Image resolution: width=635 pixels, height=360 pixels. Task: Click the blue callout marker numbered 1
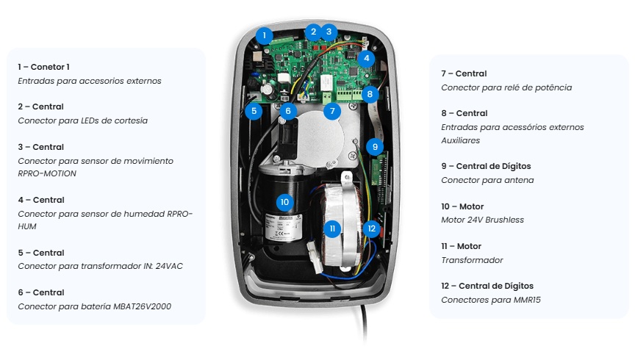[265, 35]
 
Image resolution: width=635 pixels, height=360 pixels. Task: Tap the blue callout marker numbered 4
[367, 58]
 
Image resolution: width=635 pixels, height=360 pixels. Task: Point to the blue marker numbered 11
[332, 228]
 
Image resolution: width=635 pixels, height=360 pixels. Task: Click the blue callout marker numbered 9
[375, 146]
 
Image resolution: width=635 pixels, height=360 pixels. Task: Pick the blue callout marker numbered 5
[254, 112]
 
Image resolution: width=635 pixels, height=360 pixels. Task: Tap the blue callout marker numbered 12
[372, 228]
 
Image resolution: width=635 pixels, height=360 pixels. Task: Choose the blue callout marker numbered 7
[332, 112]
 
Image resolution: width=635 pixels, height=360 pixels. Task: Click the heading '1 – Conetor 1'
[44, 67]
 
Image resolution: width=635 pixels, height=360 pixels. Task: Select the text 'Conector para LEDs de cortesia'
[82, 120]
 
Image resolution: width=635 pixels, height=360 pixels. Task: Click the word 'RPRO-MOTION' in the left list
[47, 173]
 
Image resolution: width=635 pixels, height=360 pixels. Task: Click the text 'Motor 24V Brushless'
[482, 220]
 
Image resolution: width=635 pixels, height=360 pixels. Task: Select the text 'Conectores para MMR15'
[492, 300]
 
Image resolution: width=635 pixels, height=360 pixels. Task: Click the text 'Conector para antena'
[487, 180]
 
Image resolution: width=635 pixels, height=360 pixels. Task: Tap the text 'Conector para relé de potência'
[506, 87]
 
